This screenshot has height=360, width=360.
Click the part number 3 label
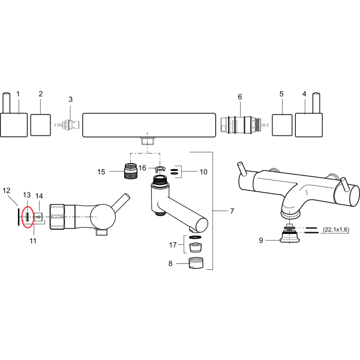point(70,100)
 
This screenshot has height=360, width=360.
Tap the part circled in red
point(28,217)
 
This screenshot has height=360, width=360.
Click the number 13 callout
point(27,195)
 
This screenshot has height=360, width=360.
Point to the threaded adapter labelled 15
point(130,171)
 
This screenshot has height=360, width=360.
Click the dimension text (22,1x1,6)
point(336,229)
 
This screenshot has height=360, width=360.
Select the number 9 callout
point(261,241)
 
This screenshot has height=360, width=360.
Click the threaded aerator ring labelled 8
point(197,263)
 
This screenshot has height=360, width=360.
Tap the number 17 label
point(173,245)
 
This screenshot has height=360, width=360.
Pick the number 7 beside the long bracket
point(232,211)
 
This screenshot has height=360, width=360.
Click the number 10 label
point(203,172)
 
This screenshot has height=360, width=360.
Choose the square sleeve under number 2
point(41,125)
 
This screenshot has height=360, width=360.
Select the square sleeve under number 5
point(282,125)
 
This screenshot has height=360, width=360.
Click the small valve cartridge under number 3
point(68,125)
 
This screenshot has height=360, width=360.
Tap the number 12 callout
point(7,191)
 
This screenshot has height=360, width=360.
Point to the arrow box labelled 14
point(38,217)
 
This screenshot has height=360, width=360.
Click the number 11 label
point(33,241)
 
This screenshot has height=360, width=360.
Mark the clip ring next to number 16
point(160,169)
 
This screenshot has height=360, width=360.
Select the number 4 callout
point(304,94)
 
